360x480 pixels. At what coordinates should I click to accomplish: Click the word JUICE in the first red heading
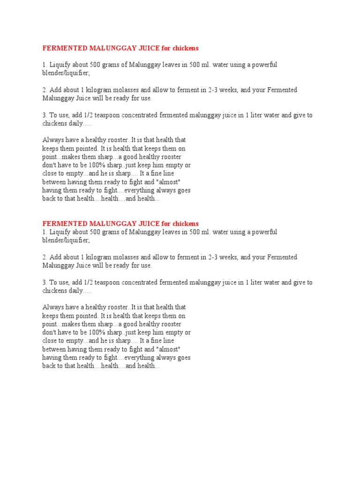144,48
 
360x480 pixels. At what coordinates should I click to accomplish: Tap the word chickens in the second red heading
186,224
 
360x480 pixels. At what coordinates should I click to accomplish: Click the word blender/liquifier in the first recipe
65,73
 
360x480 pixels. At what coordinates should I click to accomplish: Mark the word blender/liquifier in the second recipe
65,240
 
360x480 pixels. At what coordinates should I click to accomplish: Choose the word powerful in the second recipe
264,232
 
